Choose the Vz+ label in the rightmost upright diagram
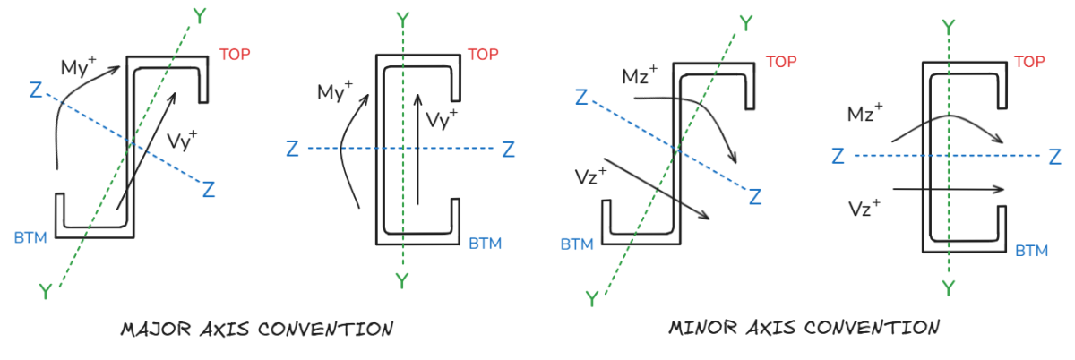(865, 207)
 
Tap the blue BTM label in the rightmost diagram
(1032, 251)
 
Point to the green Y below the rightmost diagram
(948, 287)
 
